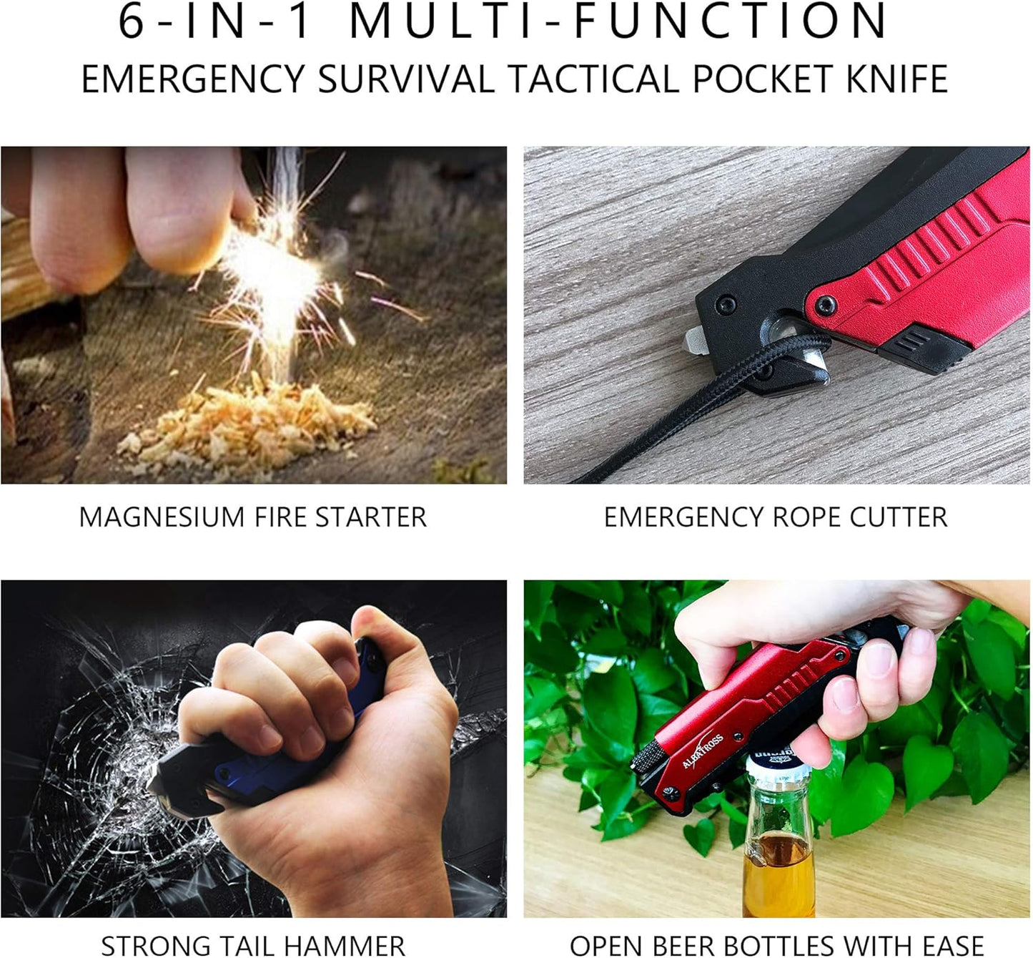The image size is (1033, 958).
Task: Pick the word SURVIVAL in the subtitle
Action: pos(405,79)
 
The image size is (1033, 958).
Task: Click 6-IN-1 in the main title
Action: pos(215,21)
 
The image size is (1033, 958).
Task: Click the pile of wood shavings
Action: pos(250,426)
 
